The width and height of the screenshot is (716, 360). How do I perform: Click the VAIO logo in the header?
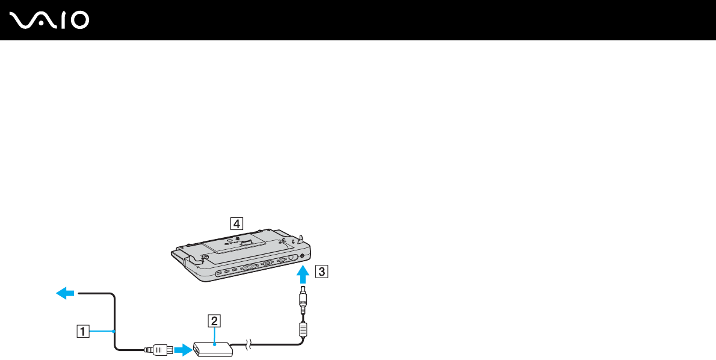(x=50, y=20)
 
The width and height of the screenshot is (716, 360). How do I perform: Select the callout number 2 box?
(x=213, y=320)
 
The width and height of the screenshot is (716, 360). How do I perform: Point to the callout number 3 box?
(x=323, y=272)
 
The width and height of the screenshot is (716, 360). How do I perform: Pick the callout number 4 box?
(x=237, y=224)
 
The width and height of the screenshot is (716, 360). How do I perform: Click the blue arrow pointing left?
(x=66, y=293)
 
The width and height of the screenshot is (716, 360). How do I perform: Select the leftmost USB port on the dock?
(x=219, y=272)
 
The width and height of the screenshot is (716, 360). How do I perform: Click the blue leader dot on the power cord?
(x=114, y=330)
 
